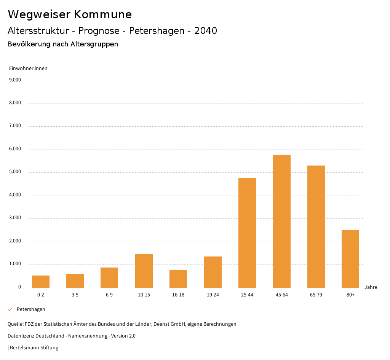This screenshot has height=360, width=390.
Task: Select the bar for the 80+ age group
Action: click(350, 259)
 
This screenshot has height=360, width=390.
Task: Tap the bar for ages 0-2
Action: click(41, 282)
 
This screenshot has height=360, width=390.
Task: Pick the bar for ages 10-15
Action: click(144, 271)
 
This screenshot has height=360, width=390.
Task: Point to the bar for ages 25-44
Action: click(247, 233)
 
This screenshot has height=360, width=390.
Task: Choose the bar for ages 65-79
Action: click(316, 226)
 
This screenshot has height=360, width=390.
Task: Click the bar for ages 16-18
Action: click(178, 279)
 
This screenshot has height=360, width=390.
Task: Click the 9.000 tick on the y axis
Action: click(15, 80)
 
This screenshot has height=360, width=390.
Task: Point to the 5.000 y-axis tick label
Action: click(15, 172)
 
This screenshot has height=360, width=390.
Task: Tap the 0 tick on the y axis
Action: click(19, 287)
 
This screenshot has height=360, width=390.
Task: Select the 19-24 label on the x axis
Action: click(213, 295)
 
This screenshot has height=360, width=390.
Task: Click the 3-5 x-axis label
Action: click(75, 295)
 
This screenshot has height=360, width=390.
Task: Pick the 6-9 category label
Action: click(109, 295)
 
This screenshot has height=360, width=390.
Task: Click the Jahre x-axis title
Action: click(371, 287)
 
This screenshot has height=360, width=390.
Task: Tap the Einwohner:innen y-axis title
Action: click(28, 68)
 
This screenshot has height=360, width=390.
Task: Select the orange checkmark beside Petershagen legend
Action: click(10, 309)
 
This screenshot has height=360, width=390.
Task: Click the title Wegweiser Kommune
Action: click(70, 14)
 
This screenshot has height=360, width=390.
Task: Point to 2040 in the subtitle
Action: click(206, 31)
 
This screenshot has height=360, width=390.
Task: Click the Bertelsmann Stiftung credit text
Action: click(34, 347)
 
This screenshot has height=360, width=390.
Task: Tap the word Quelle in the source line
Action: click(15, 324)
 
